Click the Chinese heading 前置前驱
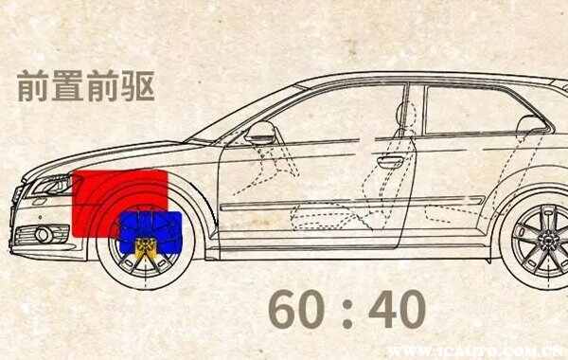(x=85, y=86)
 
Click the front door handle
(x=390, y=161)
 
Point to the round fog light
(x=43, y=234)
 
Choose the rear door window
(x=473, y=109)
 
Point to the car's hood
(x=123, y=153)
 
